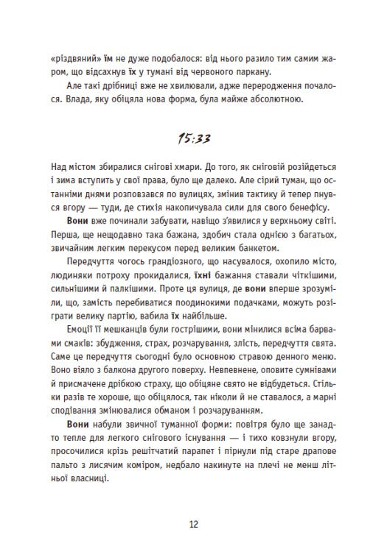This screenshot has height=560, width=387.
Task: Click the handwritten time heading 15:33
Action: [x=193, y=138]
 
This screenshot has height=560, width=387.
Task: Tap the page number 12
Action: [x=193, y=524]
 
